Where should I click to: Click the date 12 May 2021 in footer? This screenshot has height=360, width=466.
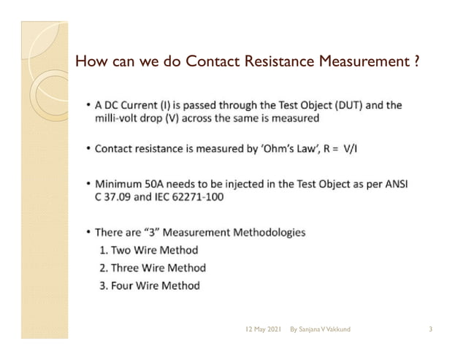[263, 330]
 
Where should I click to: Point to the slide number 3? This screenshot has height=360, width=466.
[431, 330]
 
